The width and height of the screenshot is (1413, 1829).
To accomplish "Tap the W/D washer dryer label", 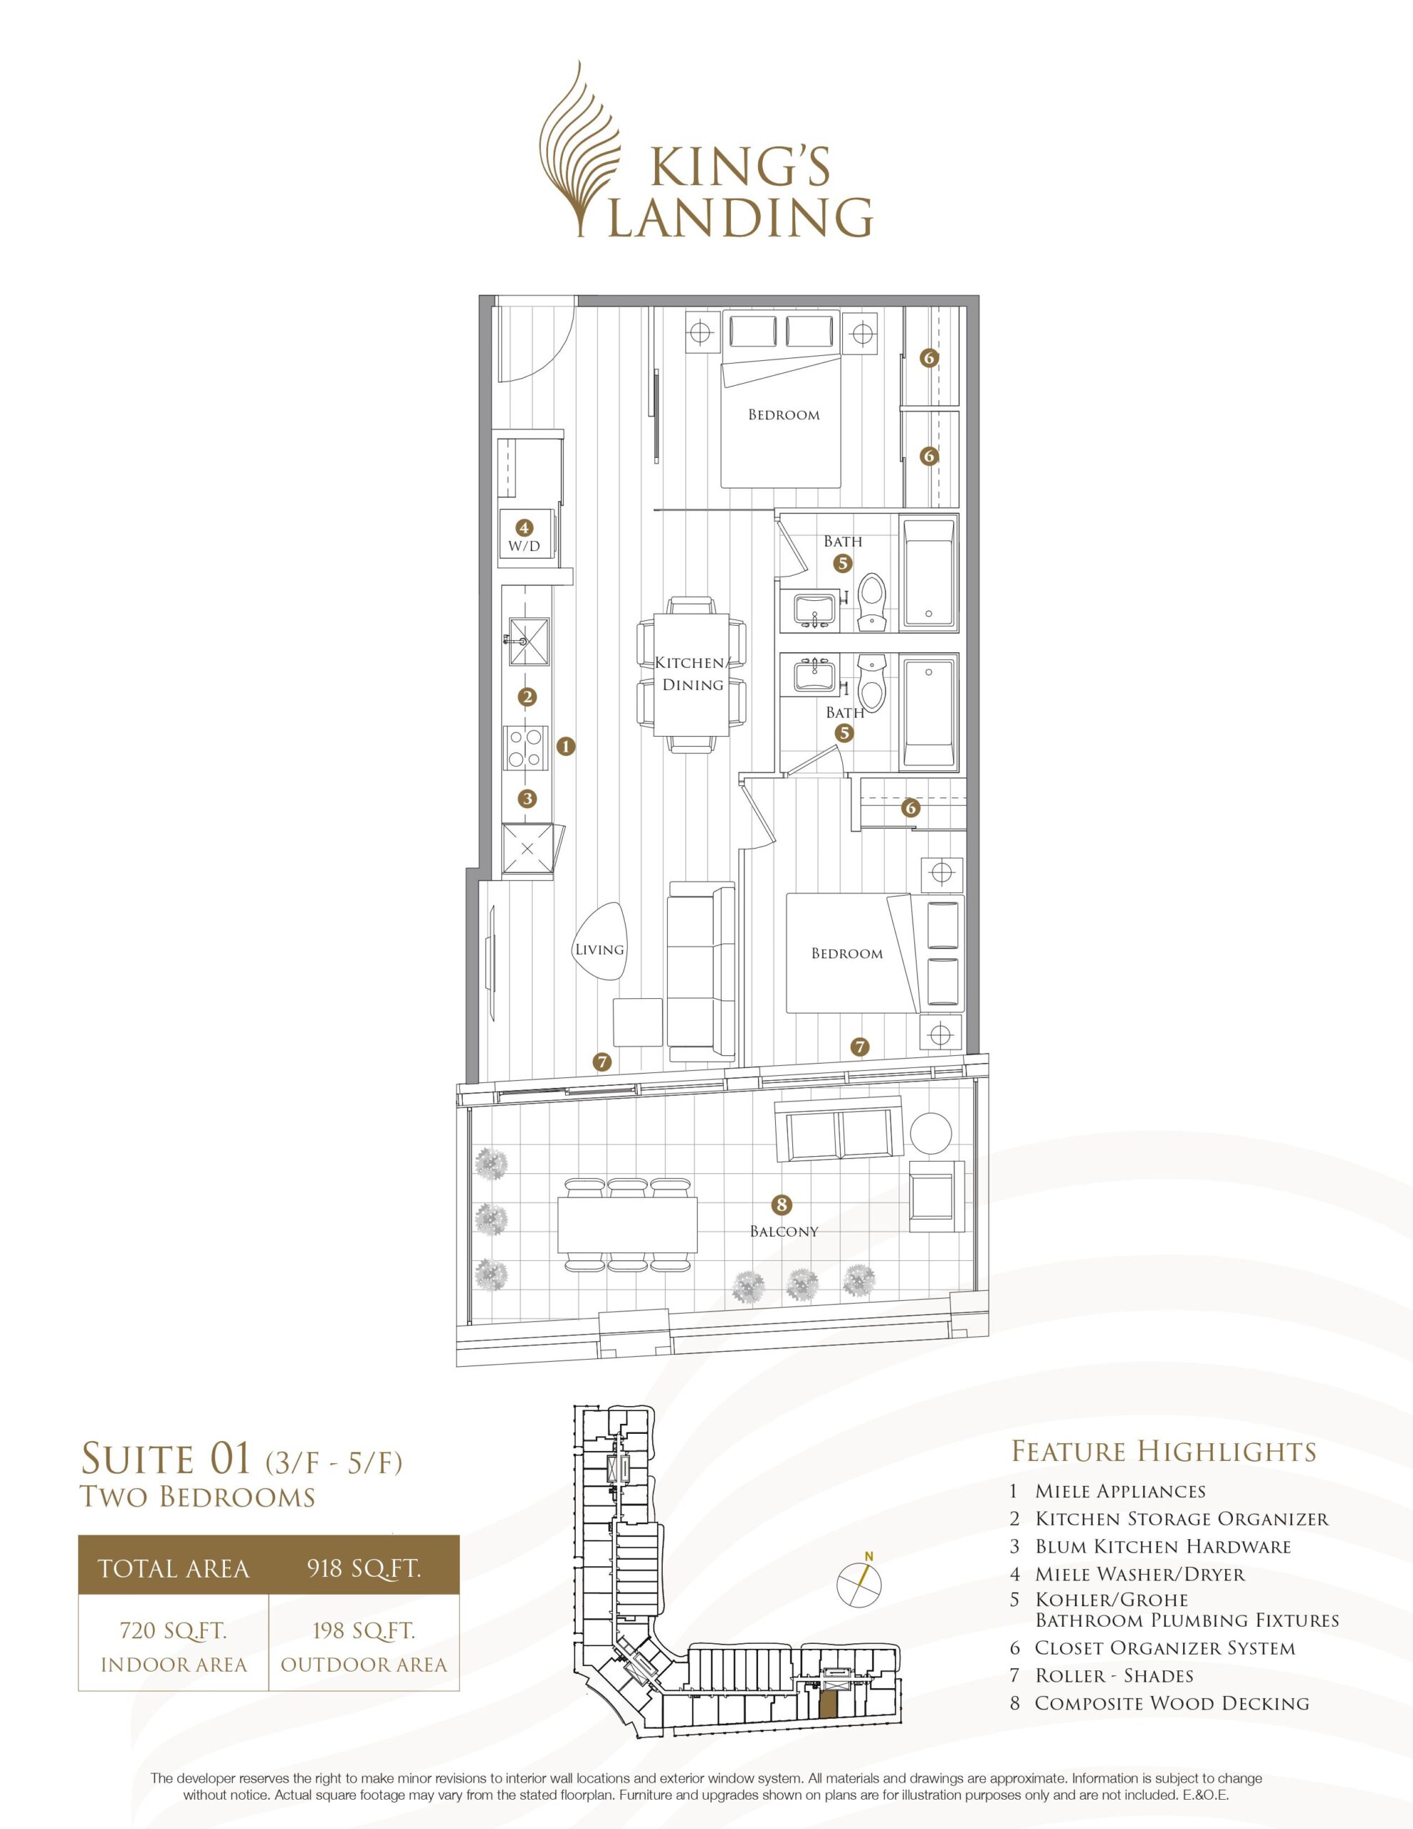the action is (x=524, y=546).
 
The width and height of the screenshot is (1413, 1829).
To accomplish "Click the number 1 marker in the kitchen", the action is (x=567, y=744).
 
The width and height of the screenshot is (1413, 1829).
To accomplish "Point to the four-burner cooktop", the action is (x=525, y=749).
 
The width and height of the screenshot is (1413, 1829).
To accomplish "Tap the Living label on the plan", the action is (x=600, y=949).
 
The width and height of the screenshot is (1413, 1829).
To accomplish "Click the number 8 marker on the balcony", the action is (x=782, y=1205).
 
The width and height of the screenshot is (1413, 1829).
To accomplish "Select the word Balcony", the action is (x=784, y=1231).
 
